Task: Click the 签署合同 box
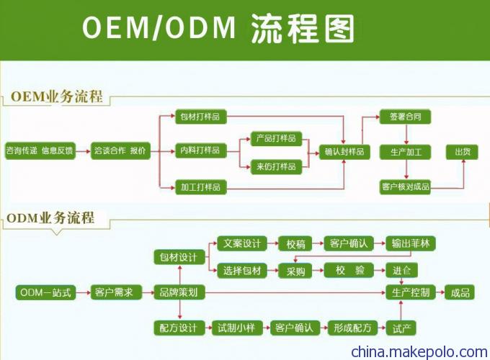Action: pos(405,117)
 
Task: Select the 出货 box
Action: pos(462,152)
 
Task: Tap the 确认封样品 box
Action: pos(344,152)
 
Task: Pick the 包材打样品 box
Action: pos(200,117)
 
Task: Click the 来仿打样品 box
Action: pos(276,166)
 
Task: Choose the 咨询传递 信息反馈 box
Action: pos(40,151)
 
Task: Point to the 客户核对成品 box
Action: pos(405,187)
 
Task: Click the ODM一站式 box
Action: pos(45,292)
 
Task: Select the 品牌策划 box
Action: pos(179,292)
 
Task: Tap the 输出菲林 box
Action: pos(411,243)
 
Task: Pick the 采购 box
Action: pos(295,271)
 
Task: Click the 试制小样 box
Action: pos(237,328)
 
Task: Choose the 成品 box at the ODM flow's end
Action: pos(460,292)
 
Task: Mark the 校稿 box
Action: pos(295,243)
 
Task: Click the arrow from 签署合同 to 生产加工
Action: pos(406,134)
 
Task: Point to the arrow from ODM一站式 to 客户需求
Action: pos(83,292)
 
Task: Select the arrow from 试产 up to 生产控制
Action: pos(401,310)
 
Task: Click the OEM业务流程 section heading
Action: pos(56,96)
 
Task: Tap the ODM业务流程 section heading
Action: pos(50,217)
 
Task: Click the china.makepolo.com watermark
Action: pos(419,352)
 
